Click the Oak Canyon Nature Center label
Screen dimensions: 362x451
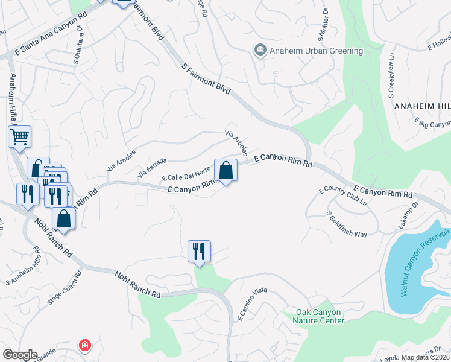click(x=319, y=316)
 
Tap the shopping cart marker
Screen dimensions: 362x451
click(x=19, y=137)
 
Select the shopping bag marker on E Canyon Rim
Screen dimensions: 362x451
click(x=225, y=171)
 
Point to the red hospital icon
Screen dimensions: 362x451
click(x=85, y=346)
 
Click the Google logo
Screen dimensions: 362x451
click(x=19, y=355)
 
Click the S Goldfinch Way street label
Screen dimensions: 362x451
click(x=347, y=224)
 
